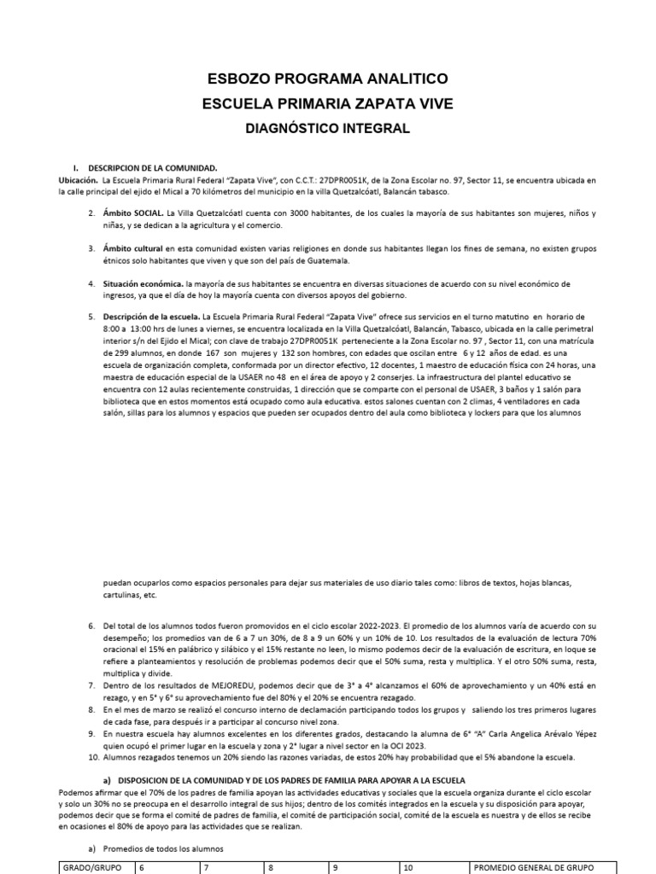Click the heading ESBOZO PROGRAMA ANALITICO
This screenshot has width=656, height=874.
[328, 79]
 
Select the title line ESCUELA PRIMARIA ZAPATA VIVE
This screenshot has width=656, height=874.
[328, 104]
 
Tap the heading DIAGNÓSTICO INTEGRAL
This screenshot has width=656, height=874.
[328, 129]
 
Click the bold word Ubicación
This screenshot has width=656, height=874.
[78, 181]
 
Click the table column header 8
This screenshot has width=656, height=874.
[271, 867]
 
